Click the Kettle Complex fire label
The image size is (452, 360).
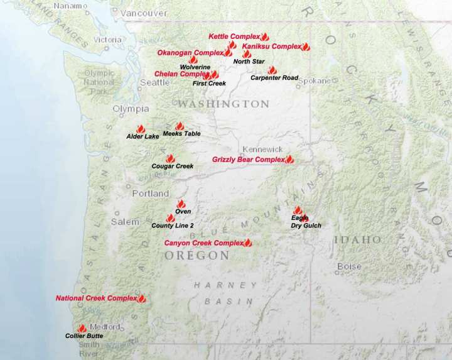(234, 37)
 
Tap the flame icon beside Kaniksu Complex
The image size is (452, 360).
(306, 47)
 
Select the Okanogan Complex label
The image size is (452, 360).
(190, 53)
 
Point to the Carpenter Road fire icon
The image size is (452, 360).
(272, 71)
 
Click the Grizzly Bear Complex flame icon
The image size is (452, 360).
(289, 160)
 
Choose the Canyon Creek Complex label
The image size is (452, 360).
(203, 243)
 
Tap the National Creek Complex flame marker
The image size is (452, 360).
(142, 298)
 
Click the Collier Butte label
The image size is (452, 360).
(84, 336)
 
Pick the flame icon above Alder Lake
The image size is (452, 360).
(141, 128)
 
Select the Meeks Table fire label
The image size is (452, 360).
(181, 134)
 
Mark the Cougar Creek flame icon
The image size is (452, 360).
(170, 159)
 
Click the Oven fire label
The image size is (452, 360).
(183, 212)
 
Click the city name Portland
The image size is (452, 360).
(151, 194)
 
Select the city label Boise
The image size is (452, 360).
(349, 266)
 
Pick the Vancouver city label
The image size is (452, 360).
(145, 13)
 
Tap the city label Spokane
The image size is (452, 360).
(314, 81)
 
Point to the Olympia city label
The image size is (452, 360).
(131, 109)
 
